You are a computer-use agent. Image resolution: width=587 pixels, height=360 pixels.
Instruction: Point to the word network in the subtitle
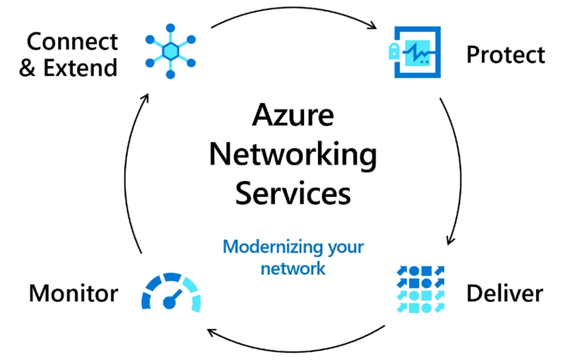click(293, 269)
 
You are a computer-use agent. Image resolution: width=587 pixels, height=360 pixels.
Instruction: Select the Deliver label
click(505, 292)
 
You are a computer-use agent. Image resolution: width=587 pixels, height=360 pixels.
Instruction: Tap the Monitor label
click(73, 292)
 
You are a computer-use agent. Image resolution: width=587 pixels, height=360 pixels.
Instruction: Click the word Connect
click(72, 42)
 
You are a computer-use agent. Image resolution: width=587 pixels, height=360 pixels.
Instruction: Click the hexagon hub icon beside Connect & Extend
click(171, 52)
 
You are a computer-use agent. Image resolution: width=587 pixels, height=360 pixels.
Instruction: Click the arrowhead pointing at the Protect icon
click(372, 26)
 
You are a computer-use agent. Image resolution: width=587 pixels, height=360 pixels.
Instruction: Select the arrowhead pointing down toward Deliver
click(450, 240)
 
